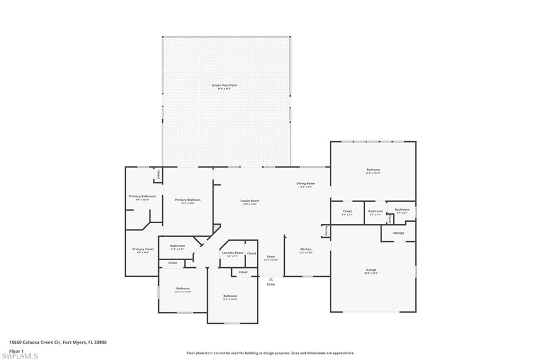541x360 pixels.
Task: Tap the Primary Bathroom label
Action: point(142,196)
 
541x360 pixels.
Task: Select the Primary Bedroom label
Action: point(188,200)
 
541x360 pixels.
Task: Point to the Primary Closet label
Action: point(143,249)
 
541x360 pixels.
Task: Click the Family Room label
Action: point(249,201)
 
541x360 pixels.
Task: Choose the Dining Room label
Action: point(305,184)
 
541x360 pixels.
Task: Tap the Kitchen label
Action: point(306,249)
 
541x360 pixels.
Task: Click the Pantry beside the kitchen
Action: point(327,231)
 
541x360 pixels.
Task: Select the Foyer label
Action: point(270,257)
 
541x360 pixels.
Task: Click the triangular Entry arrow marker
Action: point(271,279)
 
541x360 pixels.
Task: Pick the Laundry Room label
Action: point(232,253)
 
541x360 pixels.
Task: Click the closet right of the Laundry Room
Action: point(251,253)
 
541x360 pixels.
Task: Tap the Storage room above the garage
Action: point(398,233)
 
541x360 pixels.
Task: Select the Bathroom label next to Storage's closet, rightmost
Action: point(402,210)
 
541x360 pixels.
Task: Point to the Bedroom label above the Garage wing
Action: point(373,170)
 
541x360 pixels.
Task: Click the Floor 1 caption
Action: point(17,350)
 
